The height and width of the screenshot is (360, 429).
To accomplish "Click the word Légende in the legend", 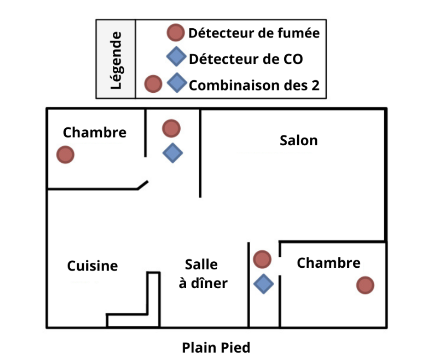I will tap(116, 59).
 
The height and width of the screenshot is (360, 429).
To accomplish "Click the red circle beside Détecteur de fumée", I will tap(175, 33).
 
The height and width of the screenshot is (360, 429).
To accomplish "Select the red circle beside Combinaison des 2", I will tap(153, 84).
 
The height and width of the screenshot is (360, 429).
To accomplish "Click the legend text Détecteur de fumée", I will tap(254, 33).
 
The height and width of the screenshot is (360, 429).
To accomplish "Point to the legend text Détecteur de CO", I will tap(246, 59).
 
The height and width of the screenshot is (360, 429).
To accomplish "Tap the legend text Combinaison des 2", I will tap(254, 85).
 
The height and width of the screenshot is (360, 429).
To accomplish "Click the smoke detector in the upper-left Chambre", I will tap(65, 155).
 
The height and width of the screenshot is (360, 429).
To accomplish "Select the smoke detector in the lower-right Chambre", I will tap(365, 285).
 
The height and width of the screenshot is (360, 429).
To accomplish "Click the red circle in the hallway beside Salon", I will tap(171, 128).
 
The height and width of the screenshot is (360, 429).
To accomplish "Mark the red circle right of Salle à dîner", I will tap(262, 259).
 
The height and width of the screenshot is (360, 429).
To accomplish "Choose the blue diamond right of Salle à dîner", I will tap(263, 284).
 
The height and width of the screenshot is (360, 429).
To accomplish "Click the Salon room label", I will tap(298, 140).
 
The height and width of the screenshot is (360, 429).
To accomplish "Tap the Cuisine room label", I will tap(92, 266).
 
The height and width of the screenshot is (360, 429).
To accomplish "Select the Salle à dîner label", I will tap(203, 274).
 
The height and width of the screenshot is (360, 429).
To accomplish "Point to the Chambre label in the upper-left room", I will tap(94, 132).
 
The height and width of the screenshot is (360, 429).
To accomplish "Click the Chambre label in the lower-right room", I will tap(328, 263).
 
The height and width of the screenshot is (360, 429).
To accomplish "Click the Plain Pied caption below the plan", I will tap(216, 348).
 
